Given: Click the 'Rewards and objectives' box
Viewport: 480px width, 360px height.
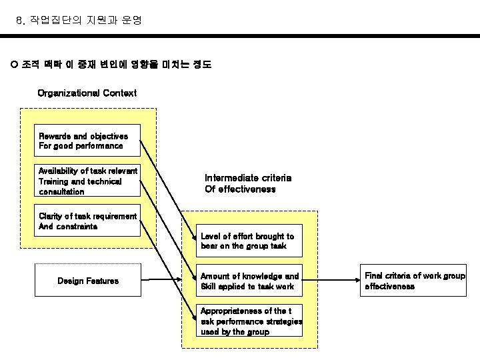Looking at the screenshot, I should coord(87,141).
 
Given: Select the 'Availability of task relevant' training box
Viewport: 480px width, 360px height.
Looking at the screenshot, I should coord(87,181).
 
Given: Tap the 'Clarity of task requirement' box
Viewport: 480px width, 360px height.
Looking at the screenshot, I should coord(87,221).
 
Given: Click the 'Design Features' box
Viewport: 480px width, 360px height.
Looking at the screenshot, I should coord(87,281).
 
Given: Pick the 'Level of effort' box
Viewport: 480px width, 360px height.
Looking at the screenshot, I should coord(247,241).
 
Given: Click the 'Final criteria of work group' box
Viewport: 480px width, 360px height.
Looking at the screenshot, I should coord(414,281).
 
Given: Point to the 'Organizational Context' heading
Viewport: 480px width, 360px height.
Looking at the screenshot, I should coord(87,93).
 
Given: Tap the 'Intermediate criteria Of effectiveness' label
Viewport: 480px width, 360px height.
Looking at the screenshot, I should coord(247,183).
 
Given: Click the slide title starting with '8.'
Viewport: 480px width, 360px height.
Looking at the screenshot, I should coord(79,21).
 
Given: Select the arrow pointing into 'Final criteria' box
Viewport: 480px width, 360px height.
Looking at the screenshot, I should coord(330,279).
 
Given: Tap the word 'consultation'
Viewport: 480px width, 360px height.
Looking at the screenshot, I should coord(61,191).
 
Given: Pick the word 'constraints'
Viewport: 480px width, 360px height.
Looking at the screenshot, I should coord(77,226).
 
